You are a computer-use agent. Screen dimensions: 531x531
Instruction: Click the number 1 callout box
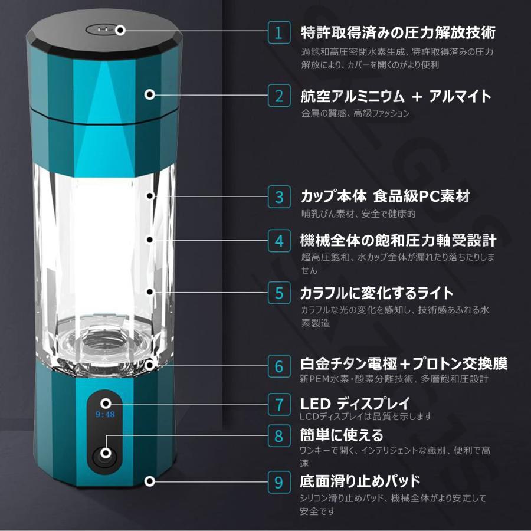(x=279, y=32)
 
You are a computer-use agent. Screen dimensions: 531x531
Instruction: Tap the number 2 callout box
(x=279, y=96)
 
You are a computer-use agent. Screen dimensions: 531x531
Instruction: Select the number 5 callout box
(x=279, y=293)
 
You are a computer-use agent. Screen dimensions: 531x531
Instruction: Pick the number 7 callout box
(x=279, y=404)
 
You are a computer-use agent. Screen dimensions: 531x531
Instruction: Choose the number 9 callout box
(x=279, y=482)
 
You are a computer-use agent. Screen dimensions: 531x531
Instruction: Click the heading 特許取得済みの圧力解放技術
(x=398, y=32)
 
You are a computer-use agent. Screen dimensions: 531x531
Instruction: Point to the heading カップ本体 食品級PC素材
(x=385, y=196)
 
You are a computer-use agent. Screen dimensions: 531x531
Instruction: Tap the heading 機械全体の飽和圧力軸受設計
(x=398, y=241)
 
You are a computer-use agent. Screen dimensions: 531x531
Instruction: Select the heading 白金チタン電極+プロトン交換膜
(x=404, y=364)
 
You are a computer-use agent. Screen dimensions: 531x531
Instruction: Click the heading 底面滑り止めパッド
(x=360, y=481)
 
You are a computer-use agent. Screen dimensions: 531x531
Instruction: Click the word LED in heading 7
(x=315, y=404)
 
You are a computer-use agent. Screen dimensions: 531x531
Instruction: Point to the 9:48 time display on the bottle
(x=105, y=414)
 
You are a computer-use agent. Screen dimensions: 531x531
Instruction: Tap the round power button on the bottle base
(x=106, y=453)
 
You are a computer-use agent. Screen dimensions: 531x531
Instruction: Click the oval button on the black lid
(x=101, y=30)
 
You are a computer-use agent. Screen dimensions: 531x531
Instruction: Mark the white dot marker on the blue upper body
(x=150, y=94)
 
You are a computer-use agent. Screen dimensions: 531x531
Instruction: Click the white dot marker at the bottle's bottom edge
(x=150, y=481)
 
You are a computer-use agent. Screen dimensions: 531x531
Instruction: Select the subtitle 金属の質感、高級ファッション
(x=355, y=113)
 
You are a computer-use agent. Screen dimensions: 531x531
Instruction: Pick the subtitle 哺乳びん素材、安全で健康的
(x=358, y=214)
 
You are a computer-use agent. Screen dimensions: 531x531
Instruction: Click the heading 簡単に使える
(x=342, y=435)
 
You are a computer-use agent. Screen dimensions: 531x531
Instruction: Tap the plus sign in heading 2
(x=417, y=97)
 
